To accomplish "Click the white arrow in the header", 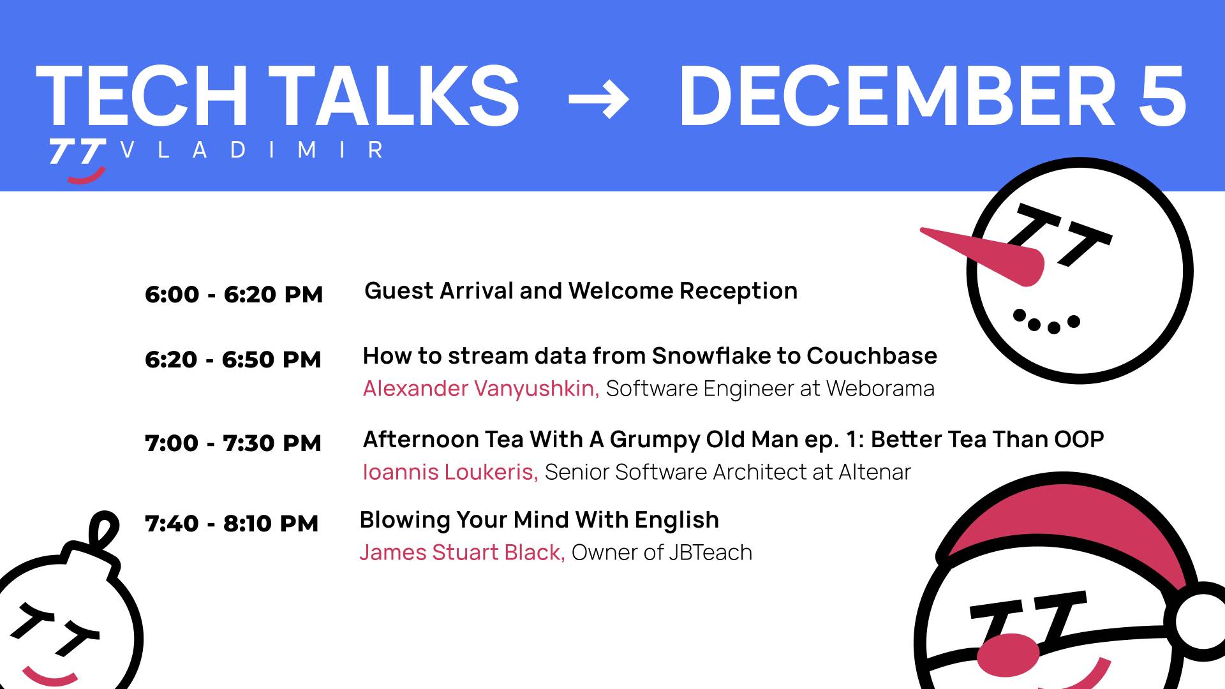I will click(x=598, y=100).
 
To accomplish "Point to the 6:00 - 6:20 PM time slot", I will click(x=234, y=295).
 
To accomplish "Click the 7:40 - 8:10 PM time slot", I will click(x=232, y=524).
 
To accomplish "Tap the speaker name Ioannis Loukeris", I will click(x=450, y=472).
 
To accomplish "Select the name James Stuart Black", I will click(x=462, y=552).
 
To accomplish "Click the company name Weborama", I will click(x=880, y=389).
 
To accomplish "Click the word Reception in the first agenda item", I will click(x=738, y=291).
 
